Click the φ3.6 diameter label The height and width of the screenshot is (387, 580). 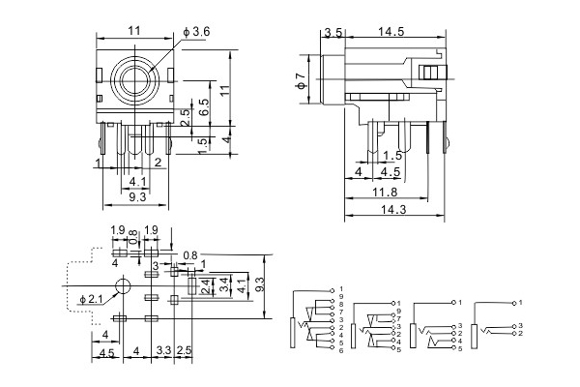pyautogui.click(x=199, y=32)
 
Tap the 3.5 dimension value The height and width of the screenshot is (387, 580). pyautogui.click(x=333, y=32)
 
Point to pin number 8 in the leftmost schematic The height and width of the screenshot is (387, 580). pyautogui.click(x=340, y=305)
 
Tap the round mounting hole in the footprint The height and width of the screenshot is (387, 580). pyautogui.click(x=122, y=286)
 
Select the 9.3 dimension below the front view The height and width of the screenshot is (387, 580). pyautogui.click(x=136, y=196)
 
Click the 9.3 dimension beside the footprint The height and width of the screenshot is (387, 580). pyautogui.click(x=258, y=285)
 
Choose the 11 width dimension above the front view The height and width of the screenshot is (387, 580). pyautogui.click(x=135, y=32)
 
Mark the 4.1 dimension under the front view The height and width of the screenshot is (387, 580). pyautogui.click(x=137, y=180)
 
